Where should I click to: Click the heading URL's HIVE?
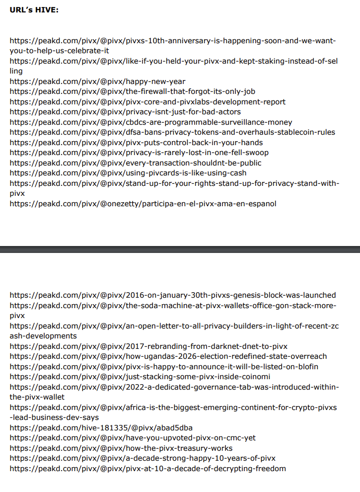point(34,9)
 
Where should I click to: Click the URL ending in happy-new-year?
point(97,82)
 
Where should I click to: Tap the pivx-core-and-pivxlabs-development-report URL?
point(147,102)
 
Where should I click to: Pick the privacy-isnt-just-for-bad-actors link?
point(125,112)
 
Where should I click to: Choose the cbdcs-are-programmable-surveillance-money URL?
point(151,122)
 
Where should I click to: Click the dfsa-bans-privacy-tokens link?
point(172,132)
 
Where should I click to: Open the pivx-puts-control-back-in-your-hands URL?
point(136,143)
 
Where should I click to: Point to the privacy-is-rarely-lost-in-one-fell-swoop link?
point(139,153)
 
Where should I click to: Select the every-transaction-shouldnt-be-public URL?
point(136,163)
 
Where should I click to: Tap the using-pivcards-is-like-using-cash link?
point(128,173)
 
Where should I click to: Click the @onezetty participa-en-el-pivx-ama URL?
point(143,204)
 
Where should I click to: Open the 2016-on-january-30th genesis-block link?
point(173,295)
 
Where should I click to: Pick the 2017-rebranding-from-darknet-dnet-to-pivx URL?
point(148,346)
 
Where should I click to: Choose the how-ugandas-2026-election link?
point(168,356)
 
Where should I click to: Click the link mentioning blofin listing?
point(164,367)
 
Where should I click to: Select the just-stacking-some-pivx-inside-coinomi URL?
point(140,377)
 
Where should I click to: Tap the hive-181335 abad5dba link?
point(101,428)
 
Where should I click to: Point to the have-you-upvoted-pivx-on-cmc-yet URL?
point(133,438)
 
